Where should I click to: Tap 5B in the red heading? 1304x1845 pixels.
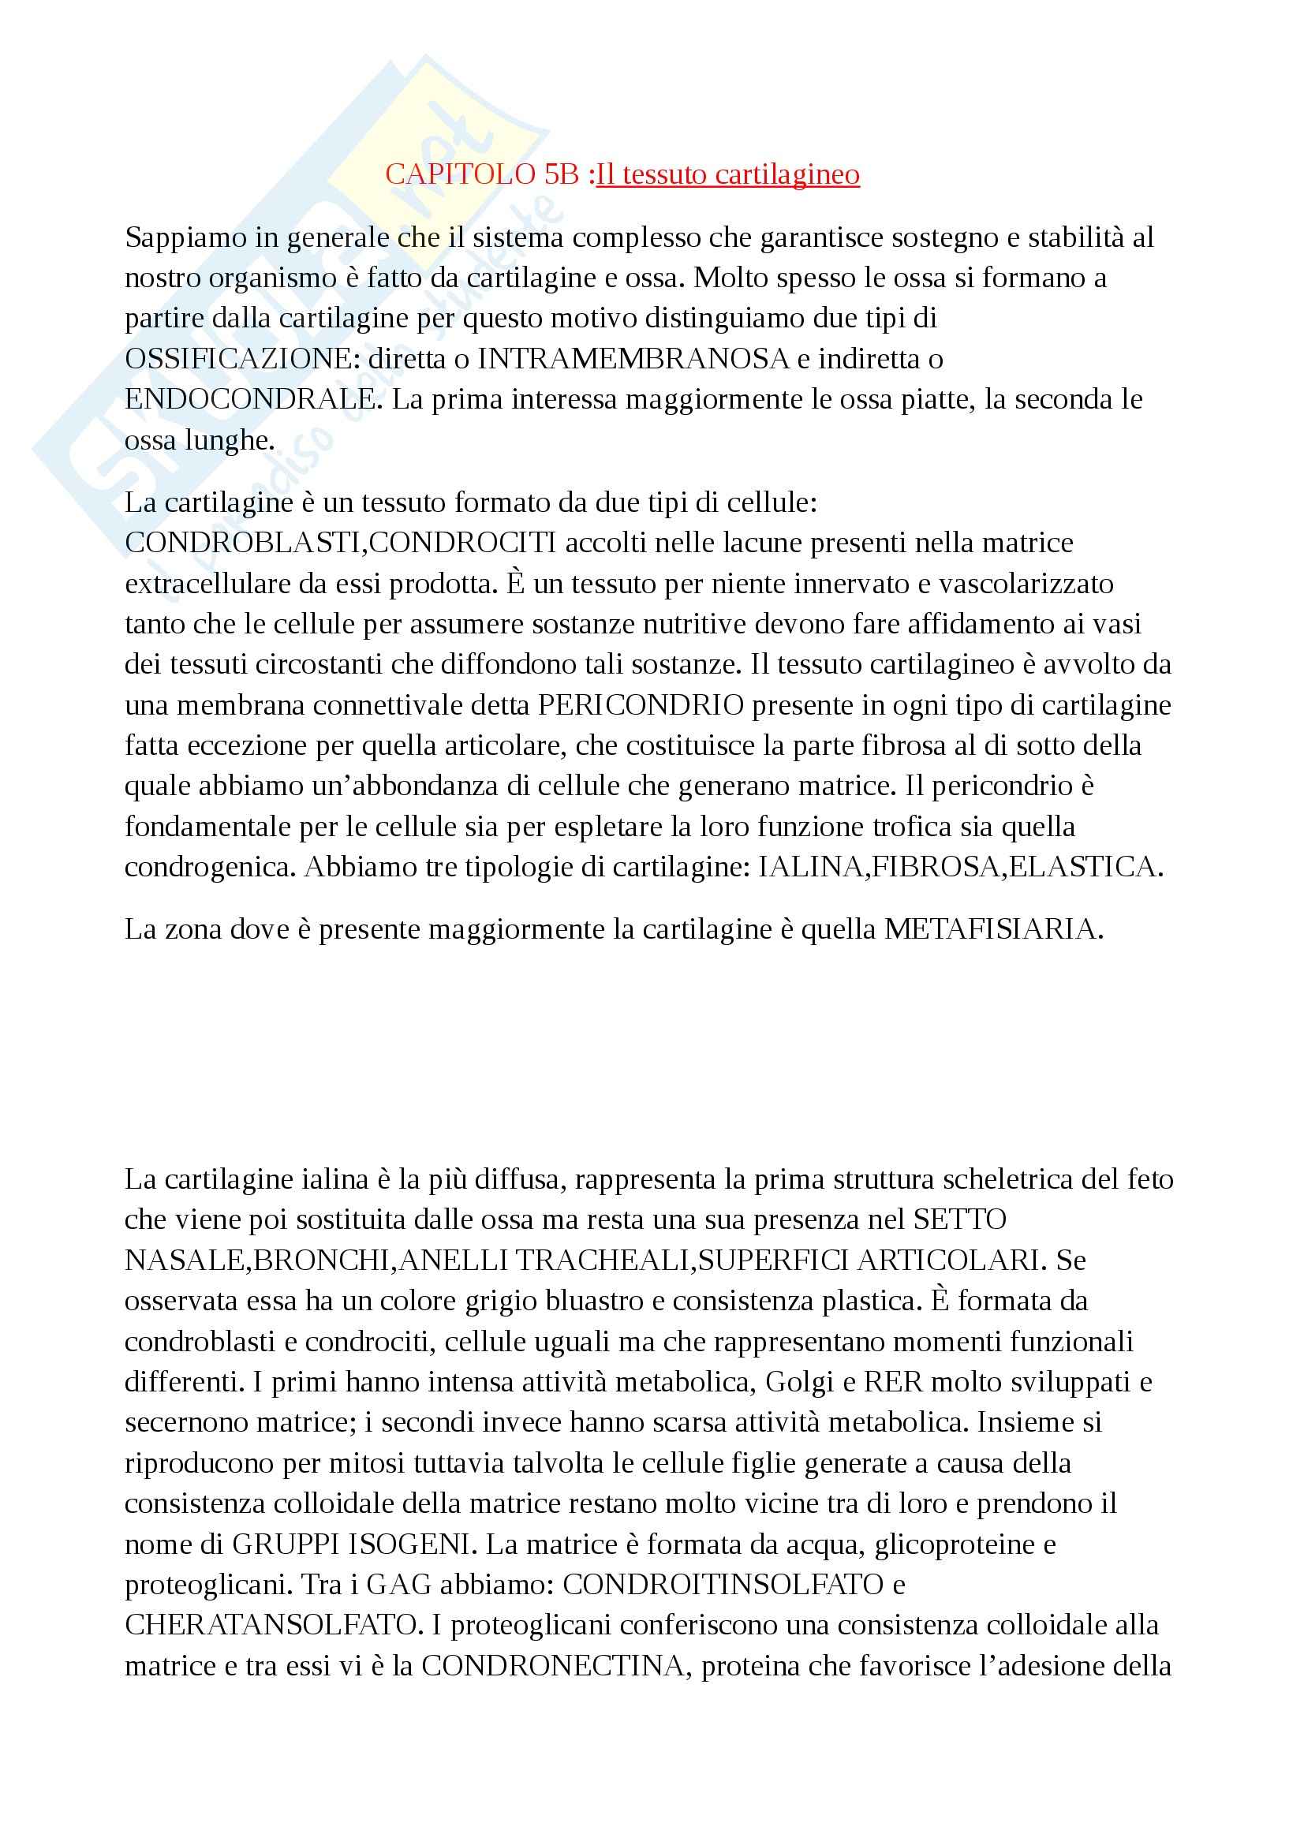[x=562, y=174]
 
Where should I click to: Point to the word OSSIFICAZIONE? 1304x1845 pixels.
[x=237, y=359]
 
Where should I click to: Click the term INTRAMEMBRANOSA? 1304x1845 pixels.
[x=633, y=359]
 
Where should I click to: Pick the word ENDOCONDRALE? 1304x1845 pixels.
[x=250, y=399]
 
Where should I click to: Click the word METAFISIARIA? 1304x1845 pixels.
[x=993, y=930]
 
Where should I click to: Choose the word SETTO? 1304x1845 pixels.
[x=959, y=1219]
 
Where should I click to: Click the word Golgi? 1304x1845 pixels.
[x=799, y=1382]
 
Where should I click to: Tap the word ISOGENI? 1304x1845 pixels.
[x=409, y=1544]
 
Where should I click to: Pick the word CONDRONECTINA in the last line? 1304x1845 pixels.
[x=553, y=1666]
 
